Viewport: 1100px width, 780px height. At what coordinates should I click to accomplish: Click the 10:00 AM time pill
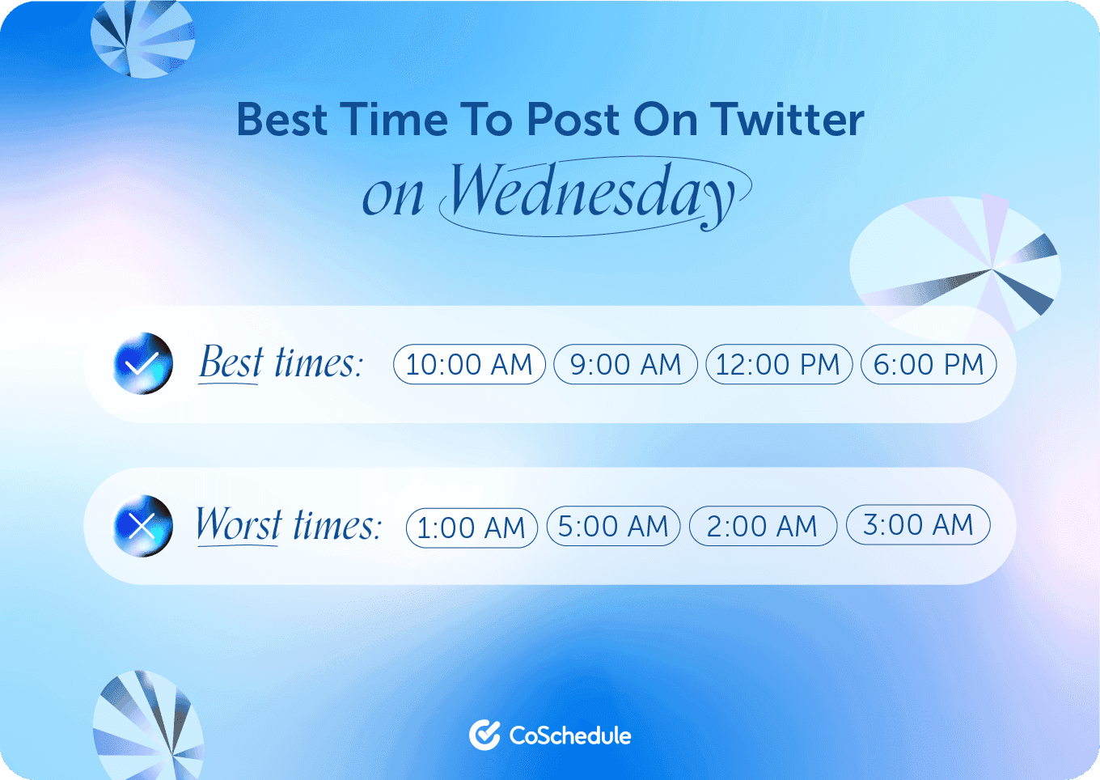click(469, 364)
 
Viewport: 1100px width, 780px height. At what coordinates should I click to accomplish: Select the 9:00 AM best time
click(625, 364)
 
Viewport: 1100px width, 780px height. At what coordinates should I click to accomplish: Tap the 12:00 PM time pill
click(778, 364)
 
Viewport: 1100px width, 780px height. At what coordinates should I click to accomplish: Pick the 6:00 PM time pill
click(929, 364)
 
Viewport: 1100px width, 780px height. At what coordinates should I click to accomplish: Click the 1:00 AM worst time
click(472, 528)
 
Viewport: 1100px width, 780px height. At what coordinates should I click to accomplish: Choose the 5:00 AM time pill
click(613, 526)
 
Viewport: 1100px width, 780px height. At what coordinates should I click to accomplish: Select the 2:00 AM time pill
click(762, 526)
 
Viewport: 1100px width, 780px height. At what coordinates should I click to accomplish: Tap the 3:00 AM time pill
click(918, 524)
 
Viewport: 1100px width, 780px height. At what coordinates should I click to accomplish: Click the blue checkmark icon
click(143, 363)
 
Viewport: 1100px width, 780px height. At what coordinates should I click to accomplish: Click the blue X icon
click(143, 526)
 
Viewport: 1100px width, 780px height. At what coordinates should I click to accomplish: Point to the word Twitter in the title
click(788, 120)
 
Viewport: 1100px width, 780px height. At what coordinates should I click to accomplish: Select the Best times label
click(281, 362)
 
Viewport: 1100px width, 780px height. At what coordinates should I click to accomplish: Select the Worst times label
click(288, 525)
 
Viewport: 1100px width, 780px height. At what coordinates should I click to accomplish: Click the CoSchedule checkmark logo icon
click(484, 735)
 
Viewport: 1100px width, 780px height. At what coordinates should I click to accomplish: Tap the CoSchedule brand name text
click(570, 735)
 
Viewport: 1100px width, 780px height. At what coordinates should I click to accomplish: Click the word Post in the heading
click(573, 120)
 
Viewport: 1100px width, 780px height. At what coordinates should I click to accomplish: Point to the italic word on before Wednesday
click(392, 197)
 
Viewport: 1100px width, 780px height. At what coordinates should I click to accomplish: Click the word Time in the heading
click(394, 120)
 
